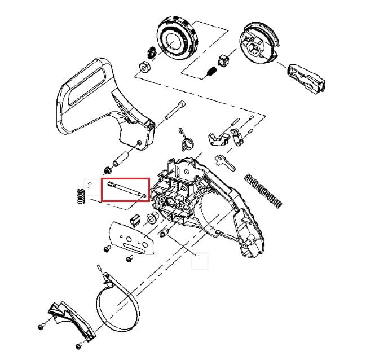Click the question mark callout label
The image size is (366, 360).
(90, 185)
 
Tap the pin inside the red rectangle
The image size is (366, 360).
(125, 188)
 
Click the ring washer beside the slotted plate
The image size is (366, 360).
(152, 219)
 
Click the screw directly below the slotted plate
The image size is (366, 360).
(129, 258)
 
